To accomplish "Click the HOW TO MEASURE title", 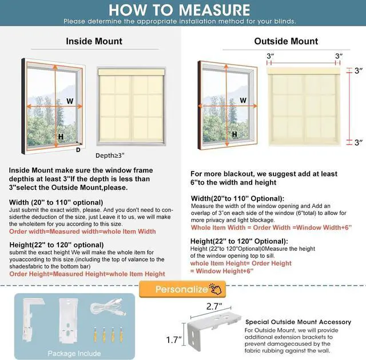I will [x=179, y=10].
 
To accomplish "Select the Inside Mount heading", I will [x=94, y=41].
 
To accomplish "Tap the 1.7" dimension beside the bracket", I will [x=173, y=340].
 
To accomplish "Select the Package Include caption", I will [x=74, y=353].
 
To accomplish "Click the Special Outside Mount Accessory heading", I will [x=297, y=322].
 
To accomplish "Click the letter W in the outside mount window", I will [x=243, y=101].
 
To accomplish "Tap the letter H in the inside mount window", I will [x=60, y=137].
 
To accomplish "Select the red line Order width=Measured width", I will [x=82, y=231].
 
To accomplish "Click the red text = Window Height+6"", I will [x=222, y=271].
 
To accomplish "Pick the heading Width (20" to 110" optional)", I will [x=56, y=202].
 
